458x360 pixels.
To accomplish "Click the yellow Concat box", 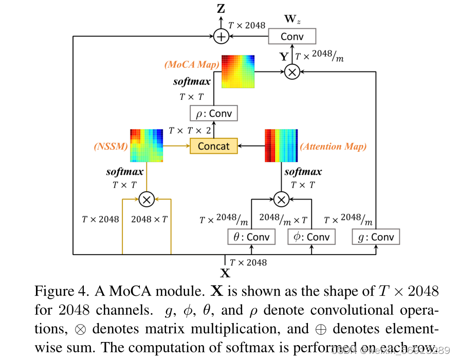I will pos(214,146).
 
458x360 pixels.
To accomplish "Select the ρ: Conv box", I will pos(214,113).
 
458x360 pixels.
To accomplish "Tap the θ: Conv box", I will pos(251,237).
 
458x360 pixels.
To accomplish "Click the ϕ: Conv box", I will pos(311,237).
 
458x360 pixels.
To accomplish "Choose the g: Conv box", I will pos(376,237).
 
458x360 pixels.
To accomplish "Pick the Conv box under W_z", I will pos(292,37).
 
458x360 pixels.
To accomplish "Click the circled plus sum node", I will pos(221,37).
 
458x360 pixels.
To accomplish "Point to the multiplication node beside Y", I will pos(292,72).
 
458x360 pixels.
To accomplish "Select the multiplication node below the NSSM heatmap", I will pos(146,199).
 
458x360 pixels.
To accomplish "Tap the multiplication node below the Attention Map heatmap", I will pos(281,199).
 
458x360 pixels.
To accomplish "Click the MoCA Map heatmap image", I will pos(239,71).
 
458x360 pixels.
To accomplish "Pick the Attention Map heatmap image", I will pos(281,146).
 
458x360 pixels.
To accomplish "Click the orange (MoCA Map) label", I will pos(192,65).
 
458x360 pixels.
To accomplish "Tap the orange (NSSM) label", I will pos(110,147).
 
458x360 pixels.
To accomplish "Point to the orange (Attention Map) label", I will pos(334,147).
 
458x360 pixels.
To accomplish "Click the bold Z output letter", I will pos(221,8).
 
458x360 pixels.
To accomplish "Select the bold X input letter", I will pos(225,274).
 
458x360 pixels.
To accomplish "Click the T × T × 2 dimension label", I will pos(190,131).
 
